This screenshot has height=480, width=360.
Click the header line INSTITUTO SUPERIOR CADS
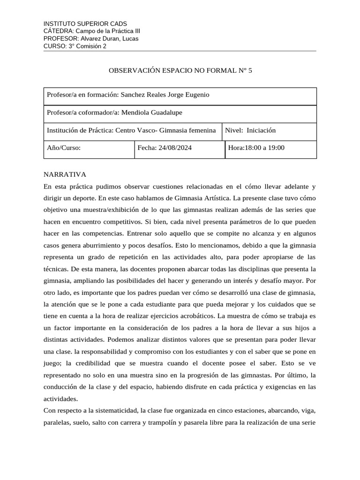tap(85, 23)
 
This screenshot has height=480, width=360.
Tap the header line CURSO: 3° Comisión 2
tap(75, 46)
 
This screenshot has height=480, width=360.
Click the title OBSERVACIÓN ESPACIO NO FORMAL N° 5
tap(180, 71)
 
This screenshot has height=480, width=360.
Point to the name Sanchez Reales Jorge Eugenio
tap(165, 95)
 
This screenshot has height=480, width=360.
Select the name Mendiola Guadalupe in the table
tap(152, 113)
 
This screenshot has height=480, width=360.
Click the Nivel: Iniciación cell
tap(250, 131)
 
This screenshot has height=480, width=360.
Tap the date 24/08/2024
tap(175, 148)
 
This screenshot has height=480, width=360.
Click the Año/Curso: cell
tap(64, 148)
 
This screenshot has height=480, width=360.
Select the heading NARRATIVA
tap(65, 174)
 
